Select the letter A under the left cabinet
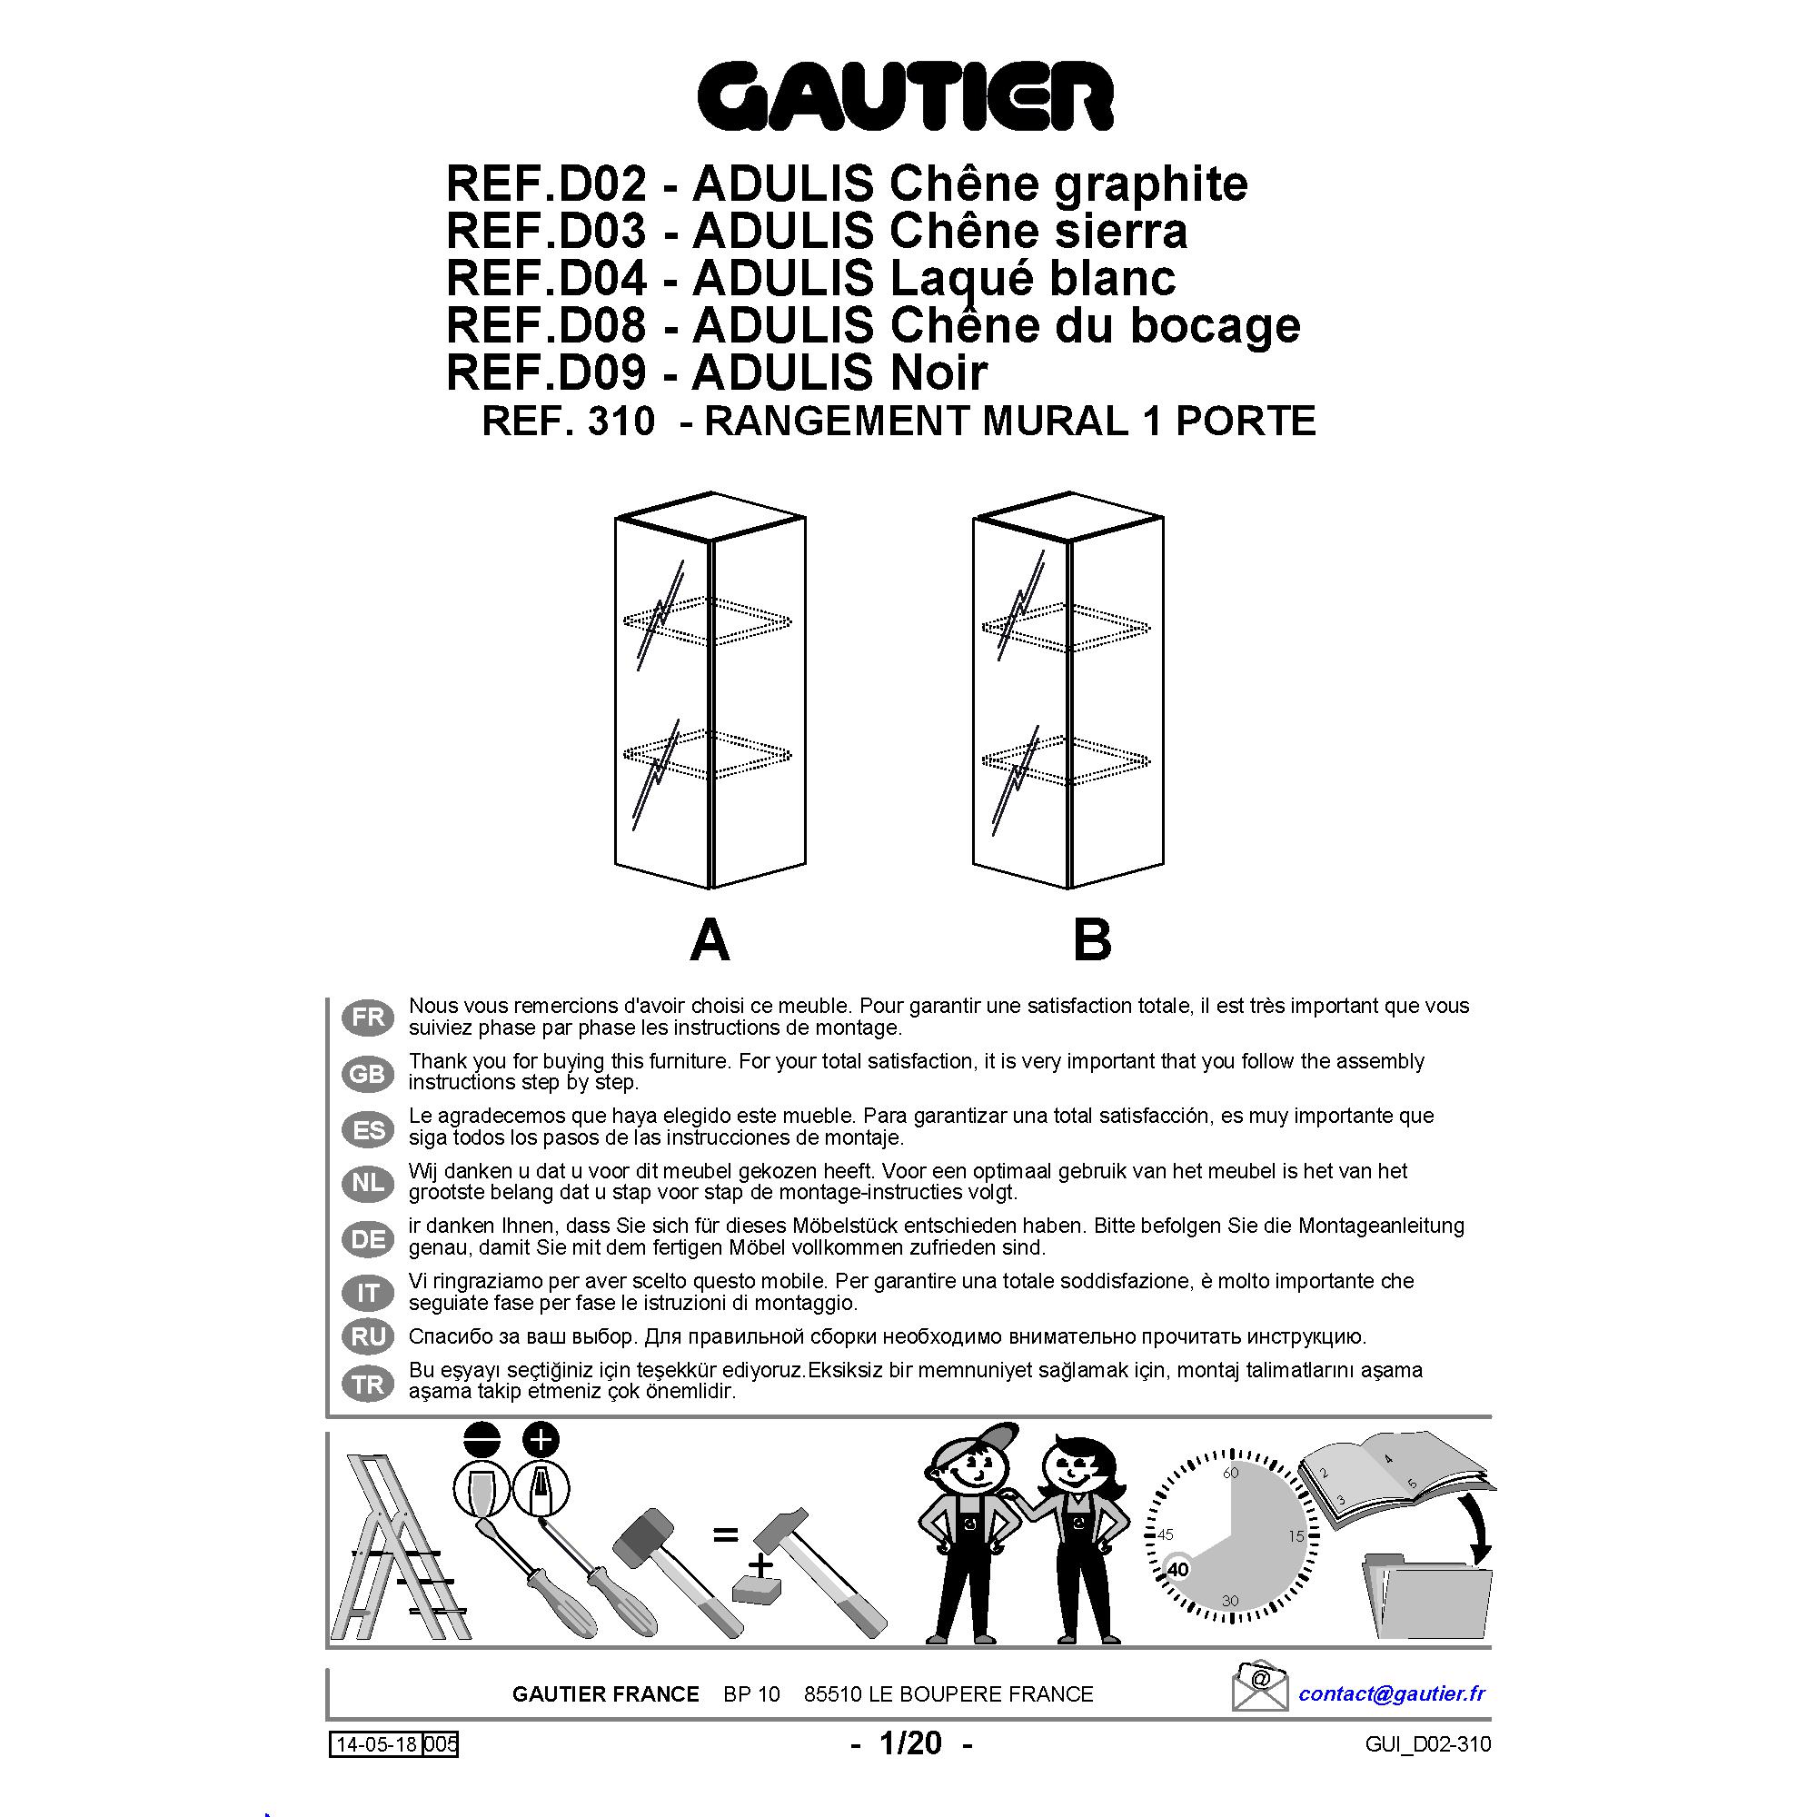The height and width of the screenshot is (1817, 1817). coord(710,939)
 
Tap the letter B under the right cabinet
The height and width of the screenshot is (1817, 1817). coord(1092,939)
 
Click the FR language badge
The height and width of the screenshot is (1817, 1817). coord(368,1018)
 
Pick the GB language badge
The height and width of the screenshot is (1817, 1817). coord(368,1073)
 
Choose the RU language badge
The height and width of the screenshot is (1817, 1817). coord(368,1336)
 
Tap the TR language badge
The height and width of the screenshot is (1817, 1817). coord(368,1385)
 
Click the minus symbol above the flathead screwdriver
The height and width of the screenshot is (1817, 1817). coord(482,1439)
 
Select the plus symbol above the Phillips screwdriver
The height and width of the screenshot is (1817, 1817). coord(541,1439)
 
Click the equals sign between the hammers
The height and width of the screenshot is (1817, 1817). coord(725,1534)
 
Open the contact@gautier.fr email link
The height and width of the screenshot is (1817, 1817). coord(1391,1693)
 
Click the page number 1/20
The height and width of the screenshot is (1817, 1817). coord(909,1743)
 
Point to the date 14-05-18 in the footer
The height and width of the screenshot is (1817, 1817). coord(376,1744)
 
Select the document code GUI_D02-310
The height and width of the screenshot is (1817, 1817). coord(1427,1745)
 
